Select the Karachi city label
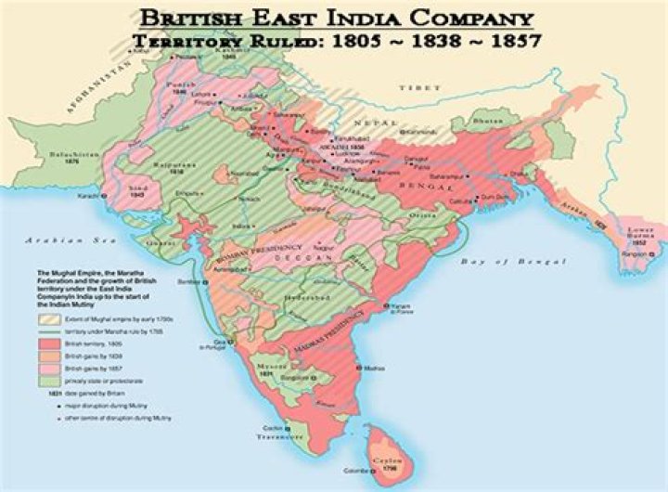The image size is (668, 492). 91,197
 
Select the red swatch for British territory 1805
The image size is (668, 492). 46,343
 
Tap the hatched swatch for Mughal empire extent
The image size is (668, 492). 46,320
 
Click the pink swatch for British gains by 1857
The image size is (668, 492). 46,369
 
